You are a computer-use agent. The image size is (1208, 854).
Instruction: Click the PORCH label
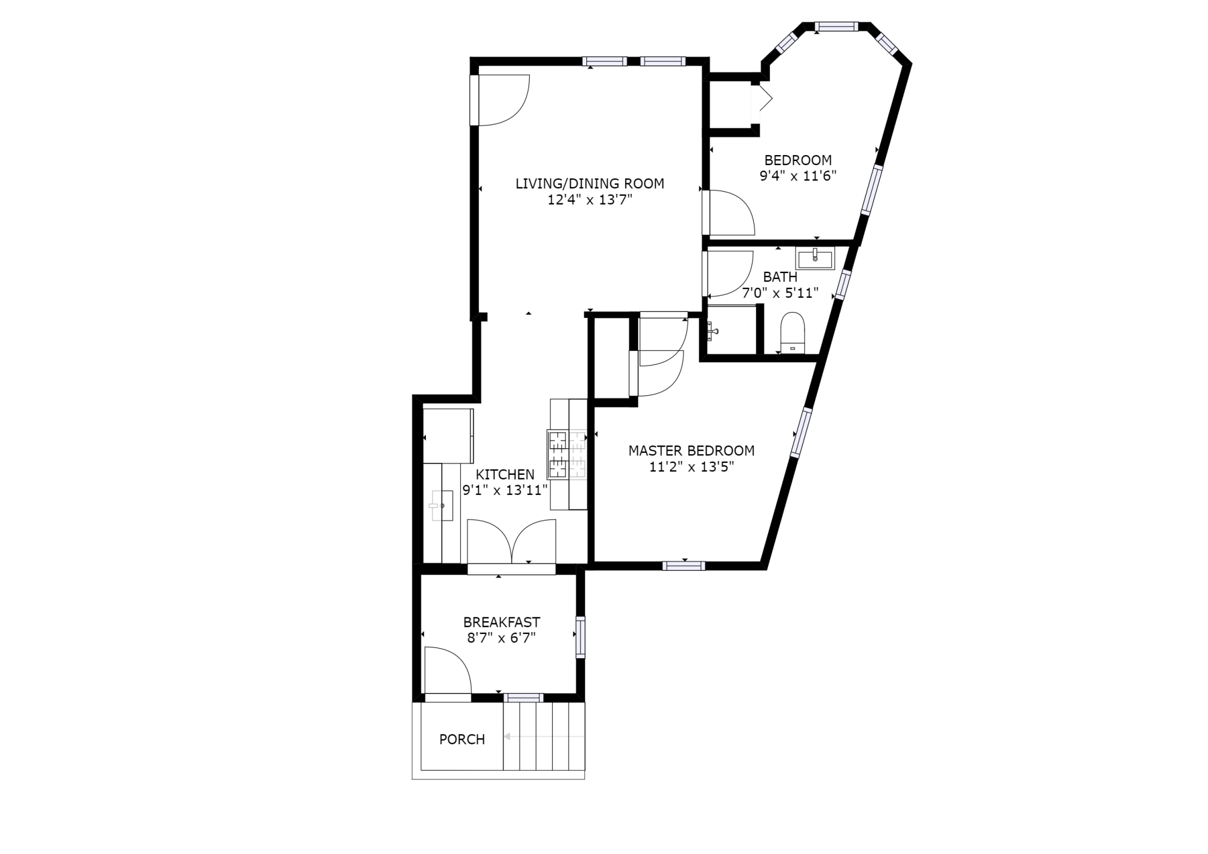click(462, 739)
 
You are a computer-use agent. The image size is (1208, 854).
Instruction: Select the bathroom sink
click(815, 258)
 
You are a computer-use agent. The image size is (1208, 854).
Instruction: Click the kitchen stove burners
click(567, 454)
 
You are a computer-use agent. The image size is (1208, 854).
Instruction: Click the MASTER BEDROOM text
click(691, 451)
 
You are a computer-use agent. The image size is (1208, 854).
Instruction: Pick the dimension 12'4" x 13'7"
click(590, 200)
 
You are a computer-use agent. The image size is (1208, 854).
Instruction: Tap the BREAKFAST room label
click(501, 622)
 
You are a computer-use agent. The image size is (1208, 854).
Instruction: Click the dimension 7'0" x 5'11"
click(780, 293)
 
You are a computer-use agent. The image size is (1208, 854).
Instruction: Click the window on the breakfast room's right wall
click(580, 637)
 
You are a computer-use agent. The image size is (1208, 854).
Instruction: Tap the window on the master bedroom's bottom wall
click(684, 566)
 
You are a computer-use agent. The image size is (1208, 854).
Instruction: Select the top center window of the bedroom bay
click(836, 27)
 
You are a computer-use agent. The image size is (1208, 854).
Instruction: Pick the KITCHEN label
click(505, 474)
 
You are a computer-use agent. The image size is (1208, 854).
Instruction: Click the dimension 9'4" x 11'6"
click(797, 176)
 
